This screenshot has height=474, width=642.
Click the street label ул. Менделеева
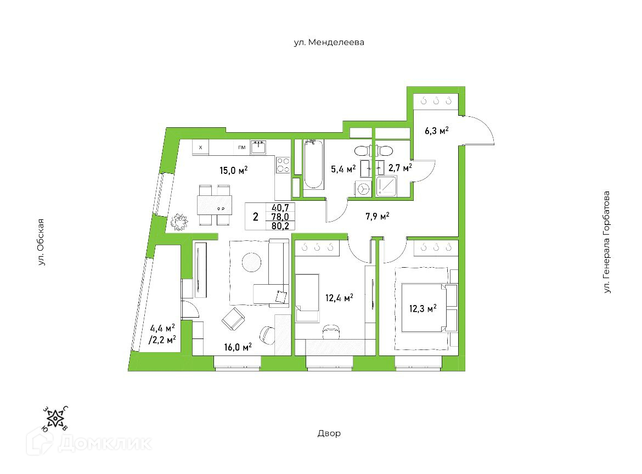(x=329, y=42)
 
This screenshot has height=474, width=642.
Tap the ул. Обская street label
(x=40, y=242)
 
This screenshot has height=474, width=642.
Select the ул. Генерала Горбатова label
(x=606, y=242)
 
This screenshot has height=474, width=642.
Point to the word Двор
(x=329, y=433)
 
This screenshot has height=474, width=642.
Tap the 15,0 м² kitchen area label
(x=234, y=171)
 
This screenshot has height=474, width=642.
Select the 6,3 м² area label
(x=437, y=131)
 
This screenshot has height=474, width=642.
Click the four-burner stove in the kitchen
(x=283, y=165)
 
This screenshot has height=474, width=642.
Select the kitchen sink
(x=259, y=147)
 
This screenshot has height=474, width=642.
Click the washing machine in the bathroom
(x=364, y=189)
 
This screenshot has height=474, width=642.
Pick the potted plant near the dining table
(x=179, y=222)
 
